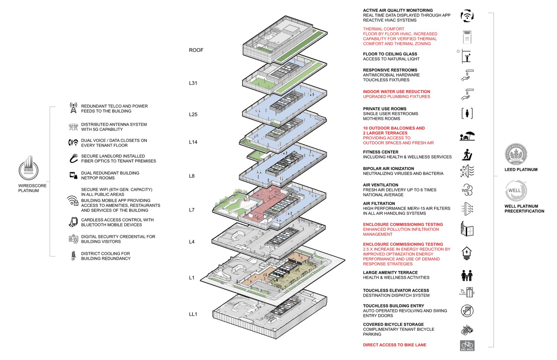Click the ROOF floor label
click(196, 50)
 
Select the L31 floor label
click(193, 83)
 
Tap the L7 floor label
click(191, 210)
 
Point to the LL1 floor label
click(193, 314)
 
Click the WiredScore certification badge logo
click(29, 168)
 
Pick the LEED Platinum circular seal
click(516, 154)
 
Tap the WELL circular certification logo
click(516, 191)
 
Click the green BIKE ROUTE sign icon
click(467, 345)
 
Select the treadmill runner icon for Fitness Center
click(467, 155)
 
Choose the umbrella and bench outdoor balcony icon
click(467, 136)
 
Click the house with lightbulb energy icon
click(466, 253)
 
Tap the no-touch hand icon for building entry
click(467, 311)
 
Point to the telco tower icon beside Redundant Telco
click(73, 108)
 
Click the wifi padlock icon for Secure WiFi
click(72, 201)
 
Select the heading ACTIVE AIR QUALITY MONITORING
click(398, 10)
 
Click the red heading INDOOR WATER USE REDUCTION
click(397, 92)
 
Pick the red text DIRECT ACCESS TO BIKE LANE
click(394, 345)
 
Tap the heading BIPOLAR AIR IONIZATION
click(389, 169)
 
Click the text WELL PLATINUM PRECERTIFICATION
click(524, 209)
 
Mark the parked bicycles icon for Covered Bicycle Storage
click(467, 329)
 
